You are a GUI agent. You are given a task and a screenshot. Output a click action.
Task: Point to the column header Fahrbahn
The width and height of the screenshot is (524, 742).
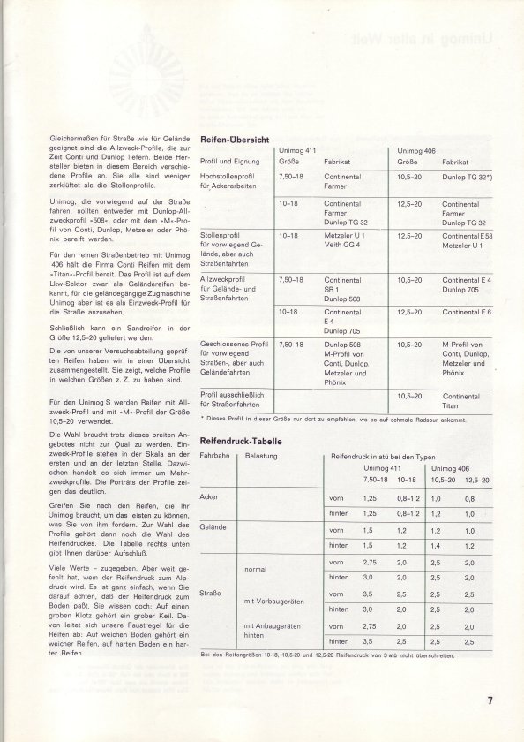[x=216, y=458]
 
